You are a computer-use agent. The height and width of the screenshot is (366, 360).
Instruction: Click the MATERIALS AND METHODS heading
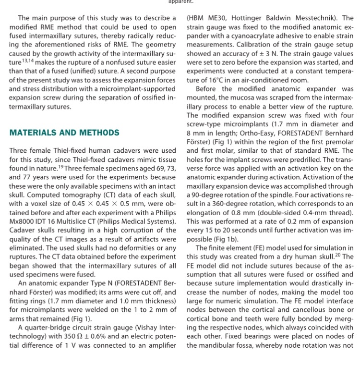(64, 133)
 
